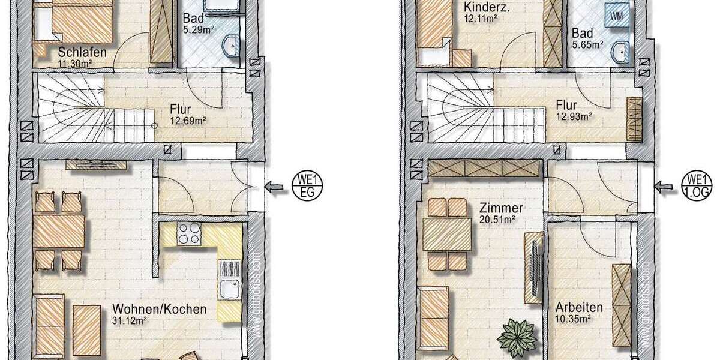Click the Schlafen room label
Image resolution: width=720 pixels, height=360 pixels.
83,52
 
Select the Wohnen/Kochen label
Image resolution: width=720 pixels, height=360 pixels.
160,310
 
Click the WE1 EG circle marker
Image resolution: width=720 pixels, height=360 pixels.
307,187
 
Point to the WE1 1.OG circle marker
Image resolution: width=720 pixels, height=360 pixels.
697,186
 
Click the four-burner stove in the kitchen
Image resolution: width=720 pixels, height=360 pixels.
189,233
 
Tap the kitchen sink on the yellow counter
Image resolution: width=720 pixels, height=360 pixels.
230,290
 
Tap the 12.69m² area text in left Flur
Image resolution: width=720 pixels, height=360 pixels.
188,120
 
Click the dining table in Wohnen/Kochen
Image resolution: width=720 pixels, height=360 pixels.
59,232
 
